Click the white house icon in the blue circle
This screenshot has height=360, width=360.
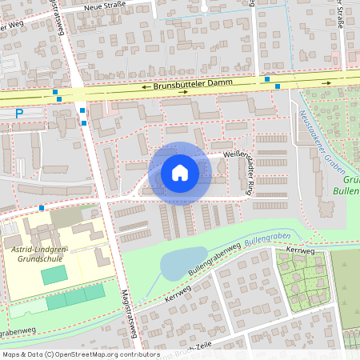[x=180, y=172]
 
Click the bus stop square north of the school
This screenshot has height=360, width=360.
[x=42, y=208]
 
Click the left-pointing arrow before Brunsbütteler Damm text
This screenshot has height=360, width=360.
[x=145, y=86]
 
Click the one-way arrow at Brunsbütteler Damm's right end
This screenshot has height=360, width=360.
[x=326, y=82]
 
